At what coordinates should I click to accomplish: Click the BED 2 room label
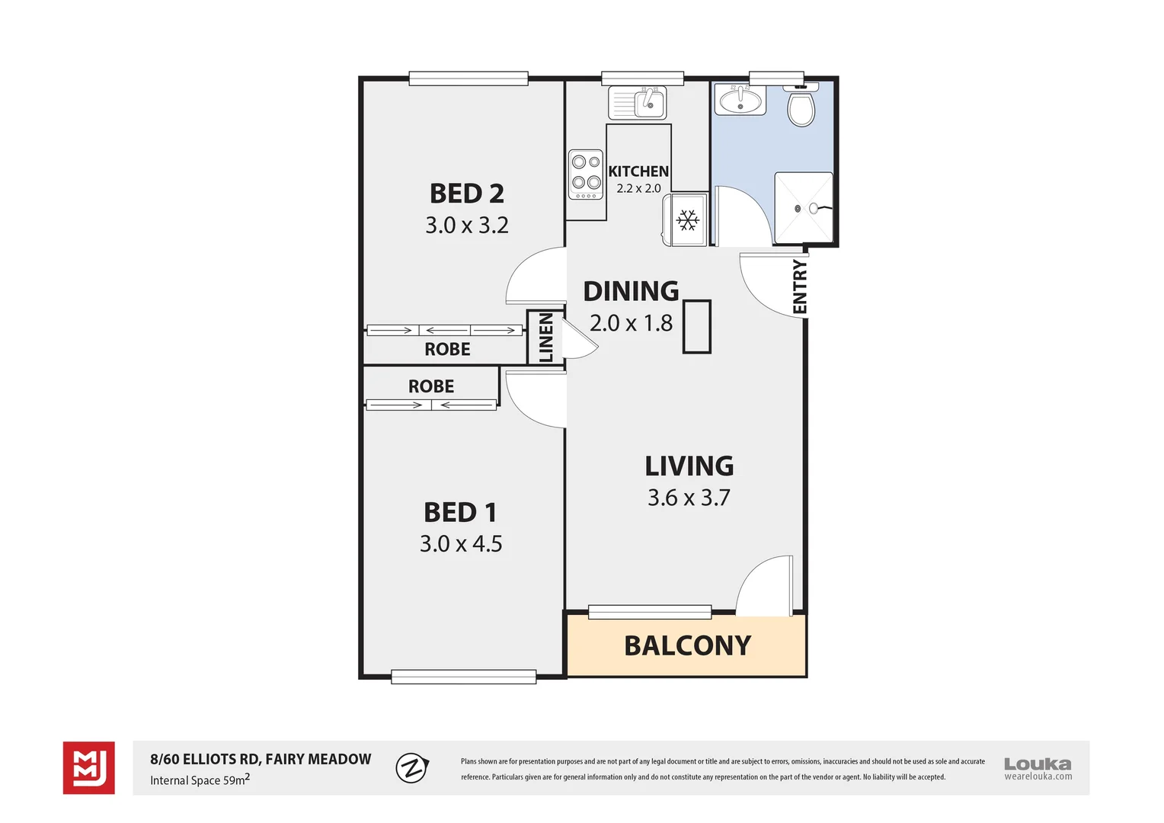click(467, 194)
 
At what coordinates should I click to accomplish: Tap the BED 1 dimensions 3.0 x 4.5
click(461, 544)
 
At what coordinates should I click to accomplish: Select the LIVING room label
click(689, 466)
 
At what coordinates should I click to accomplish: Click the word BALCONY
click(687, 646)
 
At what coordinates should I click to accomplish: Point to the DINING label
click(631, 291)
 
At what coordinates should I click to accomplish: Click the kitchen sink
click(638, 103)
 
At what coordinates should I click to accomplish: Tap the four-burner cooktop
click(586, 174)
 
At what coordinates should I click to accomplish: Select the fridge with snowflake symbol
click(688, 220)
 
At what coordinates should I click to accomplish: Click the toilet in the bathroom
click(801, 107)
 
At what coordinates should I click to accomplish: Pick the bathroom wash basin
click(740, 100)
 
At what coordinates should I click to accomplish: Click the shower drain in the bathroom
click(798, 208)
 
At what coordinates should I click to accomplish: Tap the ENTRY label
click(799, 287)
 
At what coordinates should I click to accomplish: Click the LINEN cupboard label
click(546, 338)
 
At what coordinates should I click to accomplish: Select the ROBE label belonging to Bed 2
click(447, 350)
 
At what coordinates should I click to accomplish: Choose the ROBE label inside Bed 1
click(431, 386)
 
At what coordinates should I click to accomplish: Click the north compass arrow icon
click(412, 767)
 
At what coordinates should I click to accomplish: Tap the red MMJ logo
click(89, 767)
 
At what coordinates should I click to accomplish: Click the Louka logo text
click(1037, 764)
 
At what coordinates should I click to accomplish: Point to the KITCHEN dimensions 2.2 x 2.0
click(638, 188)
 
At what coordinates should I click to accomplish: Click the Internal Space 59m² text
click(200, 780)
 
